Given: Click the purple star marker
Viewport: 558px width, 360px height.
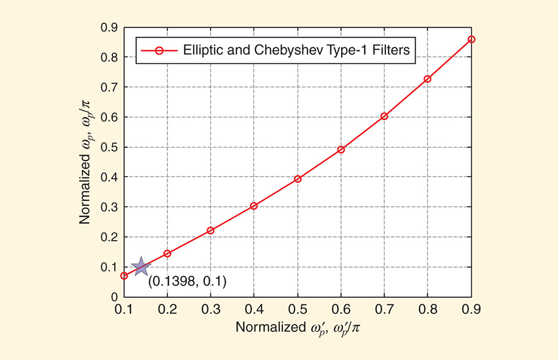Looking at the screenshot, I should coord(140,266).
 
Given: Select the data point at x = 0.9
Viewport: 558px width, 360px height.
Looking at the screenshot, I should coord(471,39).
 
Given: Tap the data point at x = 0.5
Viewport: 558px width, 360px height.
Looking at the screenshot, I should coord(297,179).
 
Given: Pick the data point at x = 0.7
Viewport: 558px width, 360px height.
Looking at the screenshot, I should coord(384,116).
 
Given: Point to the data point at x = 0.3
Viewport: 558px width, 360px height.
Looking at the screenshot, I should coord(211,231).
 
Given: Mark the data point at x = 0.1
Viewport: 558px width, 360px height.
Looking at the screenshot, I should coord(124,276).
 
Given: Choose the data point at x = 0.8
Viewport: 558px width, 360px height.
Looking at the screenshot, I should coord(428,79).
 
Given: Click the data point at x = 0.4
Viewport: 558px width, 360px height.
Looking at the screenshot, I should coord(254,206).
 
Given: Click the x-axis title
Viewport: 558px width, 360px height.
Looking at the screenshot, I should coord(297,329).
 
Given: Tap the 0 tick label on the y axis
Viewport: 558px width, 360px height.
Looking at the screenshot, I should coord(114,297).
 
